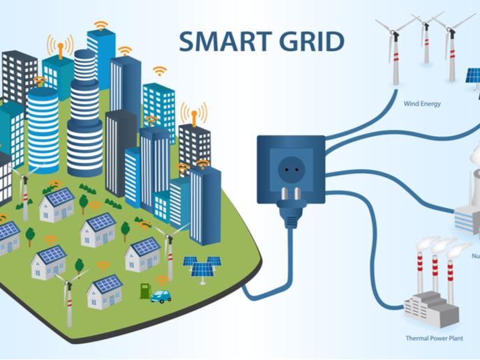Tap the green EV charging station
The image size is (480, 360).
(x=144, y=289)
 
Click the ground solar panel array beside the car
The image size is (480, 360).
(x=202, y=266)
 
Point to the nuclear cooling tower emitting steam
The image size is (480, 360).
(x=474, y=174)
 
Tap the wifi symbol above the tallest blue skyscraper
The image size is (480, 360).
(x=101, y=26)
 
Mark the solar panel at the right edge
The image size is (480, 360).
(x=474, y=75)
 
